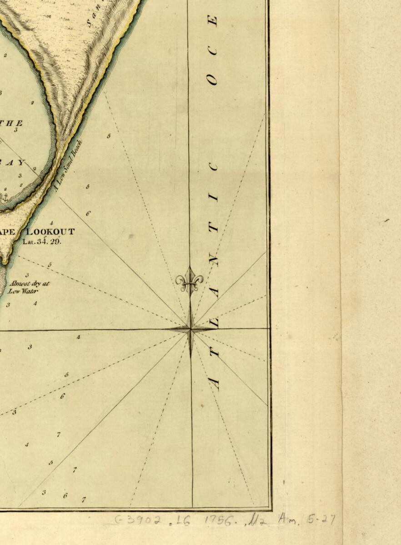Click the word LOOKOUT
click(51, 232)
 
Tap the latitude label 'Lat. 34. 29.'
click(42, 241)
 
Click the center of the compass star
click(190, 329)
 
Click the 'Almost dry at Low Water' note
click(28, 287)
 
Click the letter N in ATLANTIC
click(214, 261)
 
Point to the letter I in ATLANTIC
click(213, 198)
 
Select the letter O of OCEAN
click(212, 80)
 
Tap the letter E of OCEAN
click(213, 21)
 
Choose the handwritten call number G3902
click(137, 520)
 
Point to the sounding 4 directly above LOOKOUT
click(52, 223)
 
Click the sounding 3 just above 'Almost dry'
click(27, 275)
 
